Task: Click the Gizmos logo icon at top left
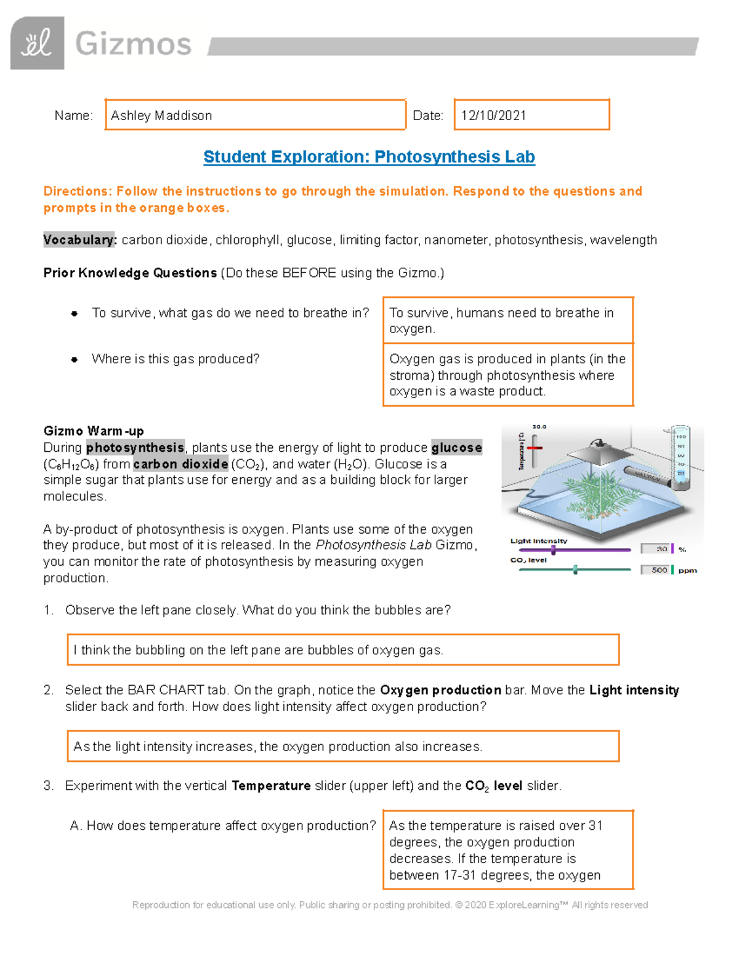point(37,43)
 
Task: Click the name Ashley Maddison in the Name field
point(161,116)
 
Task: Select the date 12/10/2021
point(493,116)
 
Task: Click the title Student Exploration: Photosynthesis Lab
point(369,157)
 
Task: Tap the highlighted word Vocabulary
point(79,240)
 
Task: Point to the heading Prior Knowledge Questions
point(130,273)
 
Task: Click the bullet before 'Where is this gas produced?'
point(75,360)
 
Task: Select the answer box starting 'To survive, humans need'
point(507,321)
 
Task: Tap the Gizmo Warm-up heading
point(94,431)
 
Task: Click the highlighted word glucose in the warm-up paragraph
point(456,448)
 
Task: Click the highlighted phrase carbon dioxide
point(180,464)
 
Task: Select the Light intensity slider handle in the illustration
point(553,550)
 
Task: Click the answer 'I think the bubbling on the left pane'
point(259,650)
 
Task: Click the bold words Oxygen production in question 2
point(440,690)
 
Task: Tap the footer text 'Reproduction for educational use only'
point(214,905)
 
